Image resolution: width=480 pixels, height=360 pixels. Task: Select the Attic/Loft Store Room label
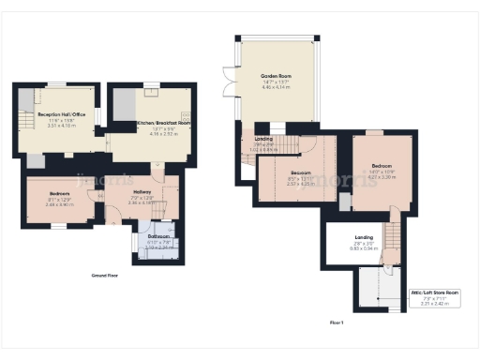click(x=434, y=292)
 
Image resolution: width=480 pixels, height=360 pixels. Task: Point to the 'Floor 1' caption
click(x=337, y=322)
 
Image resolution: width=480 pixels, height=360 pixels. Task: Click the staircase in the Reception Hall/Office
click(x=25, y=120)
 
